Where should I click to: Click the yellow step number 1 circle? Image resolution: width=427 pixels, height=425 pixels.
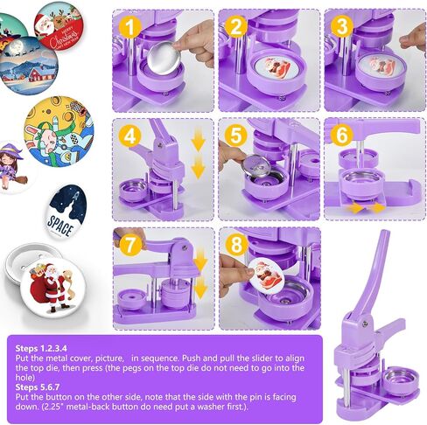129,26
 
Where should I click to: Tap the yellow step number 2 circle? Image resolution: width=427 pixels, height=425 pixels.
235,26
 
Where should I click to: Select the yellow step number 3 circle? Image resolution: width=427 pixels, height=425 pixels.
342,26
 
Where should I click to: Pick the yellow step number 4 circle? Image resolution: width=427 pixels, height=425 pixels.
129,136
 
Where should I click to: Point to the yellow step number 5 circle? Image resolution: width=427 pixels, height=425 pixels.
235,136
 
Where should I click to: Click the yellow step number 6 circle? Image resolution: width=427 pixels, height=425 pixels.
342,136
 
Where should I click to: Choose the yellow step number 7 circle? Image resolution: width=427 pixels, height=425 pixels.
129,245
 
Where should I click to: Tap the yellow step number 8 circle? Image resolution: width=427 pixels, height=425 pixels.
235,245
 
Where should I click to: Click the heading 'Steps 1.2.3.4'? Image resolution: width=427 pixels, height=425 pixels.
41,348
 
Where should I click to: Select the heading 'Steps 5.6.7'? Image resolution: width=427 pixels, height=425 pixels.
38,387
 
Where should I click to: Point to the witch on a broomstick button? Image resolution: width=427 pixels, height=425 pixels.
14,167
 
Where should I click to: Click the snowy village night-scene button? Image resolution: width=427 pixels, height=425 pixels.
28,65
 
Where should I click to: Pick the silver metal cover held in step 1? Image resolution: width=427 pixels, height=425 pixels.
163,58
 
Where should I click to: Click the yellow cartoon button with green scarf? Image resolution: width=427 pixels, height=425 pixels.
59,131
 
